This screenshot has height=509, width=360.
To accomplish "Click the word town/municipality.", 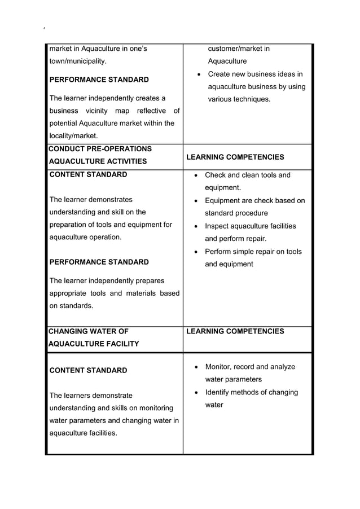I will coord(78,61).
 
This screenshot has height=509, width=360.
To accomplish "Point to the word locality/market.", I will coord(73,136).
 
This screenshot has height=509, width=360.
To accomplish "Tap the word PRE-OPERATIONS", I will coord(123,149).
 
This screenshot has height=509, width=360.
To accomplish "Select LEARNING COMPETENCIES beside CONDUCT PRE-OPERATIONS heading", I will coord(235,157).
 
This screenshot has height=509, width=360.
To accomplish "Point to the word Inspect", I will coord(217,226).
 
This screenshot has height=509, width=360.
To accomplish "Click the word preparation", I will coord(73,225).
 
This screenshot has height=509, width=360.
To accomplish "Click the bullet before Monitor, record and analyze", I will coord(196,367).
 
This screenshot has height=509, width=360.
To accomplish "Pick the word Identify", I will coord(220,392).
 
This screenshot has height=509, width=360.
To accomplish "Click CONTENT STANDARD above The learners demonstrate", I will coord(88,371).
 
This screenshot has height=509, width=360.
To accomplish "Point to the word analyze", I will coord(282,367).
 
